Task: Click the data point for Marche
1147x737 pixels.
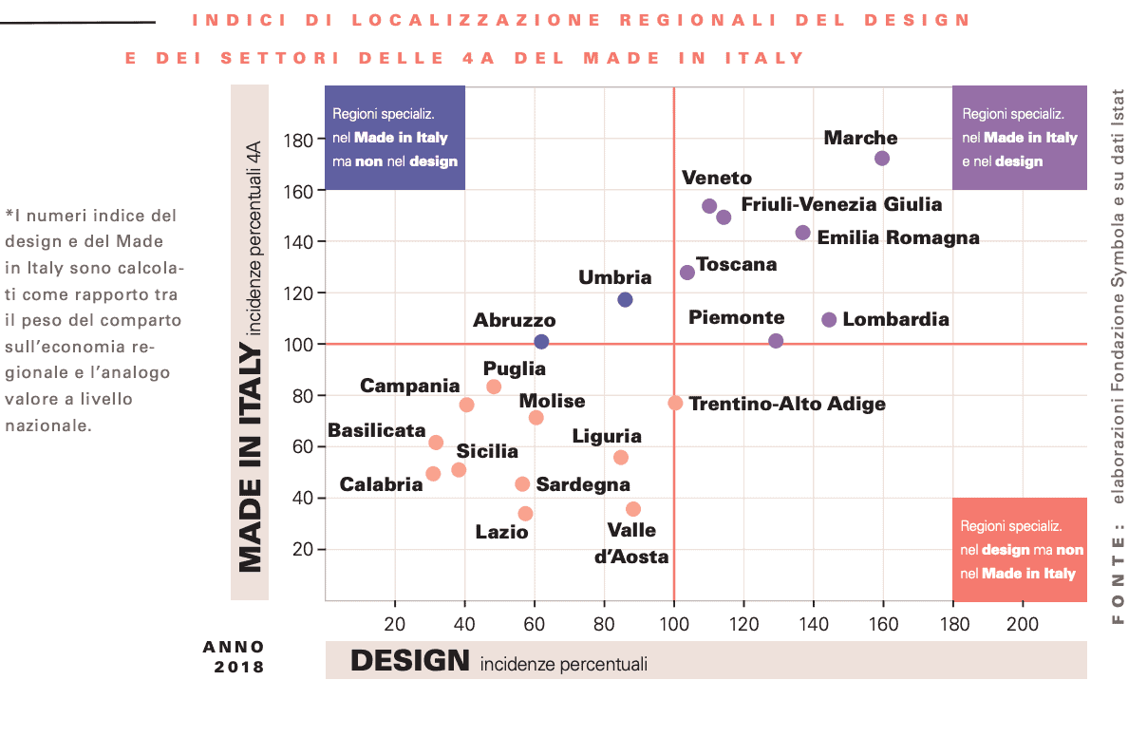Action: pos(882,159)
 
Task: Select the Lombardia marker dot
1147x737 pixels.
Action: pos(829,320)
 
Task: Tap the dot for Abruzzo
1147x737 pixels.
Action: pos(541,342)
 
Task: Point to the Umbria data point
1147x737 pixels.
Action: pos(625,300)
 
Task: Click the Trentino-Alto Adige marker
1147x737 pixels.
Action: pos(675,403)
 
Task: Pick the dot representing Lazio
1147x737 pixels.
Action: pos(525,514)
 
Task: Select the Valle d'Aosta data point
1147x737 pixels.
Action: pos(633,509)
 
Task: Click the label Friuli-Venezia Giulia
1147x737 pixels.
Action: pos(841,204)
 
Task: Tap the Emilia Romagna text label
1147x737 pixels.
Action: pos(897,237)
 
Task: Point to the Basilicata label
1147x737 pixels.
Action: pos(376,430)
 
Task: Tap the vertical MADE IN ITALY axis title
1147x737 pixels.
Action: pos(250,459)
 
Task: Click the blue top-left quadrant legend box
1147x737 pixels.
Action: pos(394,138)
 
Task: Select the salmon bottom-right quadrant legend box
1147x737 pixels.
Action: pos(1019,550)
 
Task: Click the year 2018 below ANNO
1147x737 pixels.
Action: pos(239,667)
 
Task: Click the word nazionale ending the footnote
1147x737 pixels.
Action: pos(47,425)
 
